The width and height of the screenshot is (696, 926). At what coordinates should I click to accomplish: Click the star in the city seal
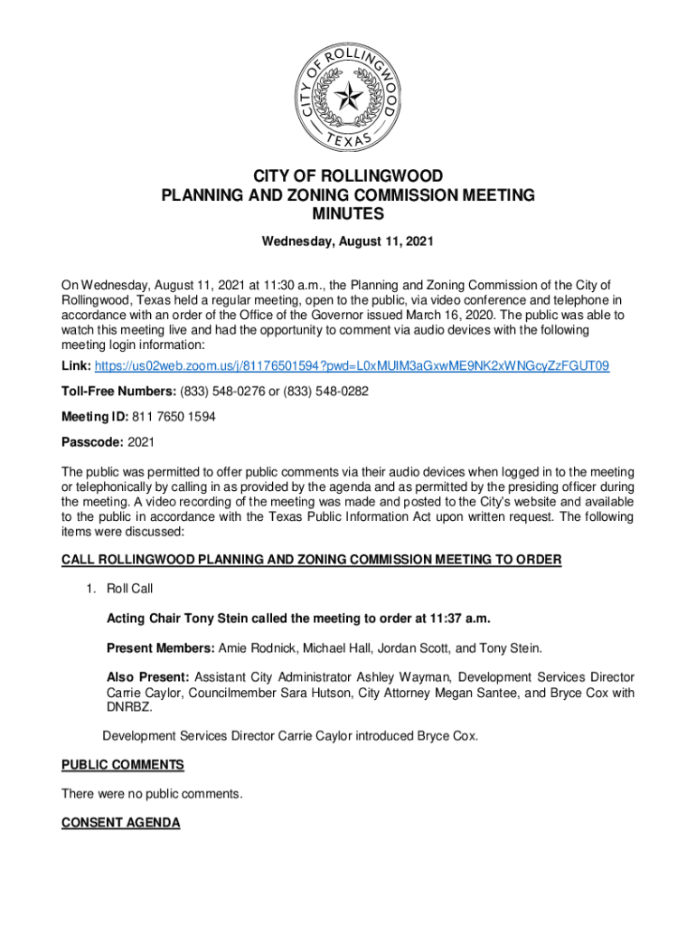[347, 93]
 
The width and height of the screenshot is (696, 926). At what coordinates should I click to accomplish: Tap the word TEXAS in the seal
[348, 143]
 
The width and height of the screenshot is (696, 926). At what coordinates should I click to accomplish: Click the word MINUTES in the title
[348, 214]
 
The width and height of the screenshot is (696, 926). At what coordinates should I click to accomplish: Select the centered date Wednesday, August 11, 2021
[348, 242]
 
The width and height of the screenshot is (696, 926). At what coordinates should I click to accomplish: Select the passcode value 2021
[142, 443]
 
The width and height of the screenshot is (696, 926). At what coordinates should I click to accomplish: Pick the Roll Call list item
[129, 589]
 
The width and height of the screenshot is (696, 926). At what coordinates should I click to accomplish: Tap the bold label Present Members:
[160, 647]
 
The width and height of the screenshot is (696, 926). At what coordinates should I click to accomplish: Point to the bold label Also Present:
[147, 676]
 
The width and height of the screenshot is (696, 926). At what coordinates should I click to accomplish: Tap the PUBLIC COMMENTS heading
[122, 765]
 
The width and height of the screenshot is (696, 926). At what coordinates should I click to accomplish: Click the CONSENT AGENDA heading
[120, 823]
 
